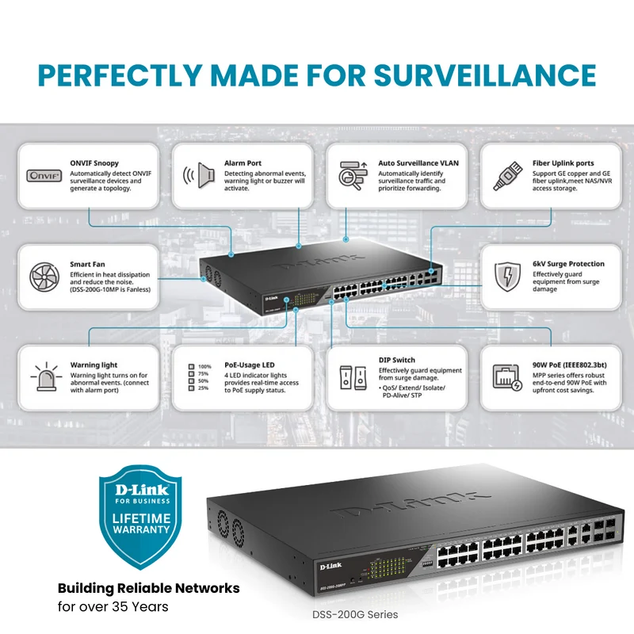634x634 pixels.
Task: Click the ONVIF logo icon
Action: click(x=44, y=176)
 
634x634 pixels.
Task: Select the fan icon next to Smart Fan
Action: click(x=44, y=277)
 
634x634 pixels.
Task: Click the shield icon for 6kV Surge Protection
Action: click(x=507, y=277)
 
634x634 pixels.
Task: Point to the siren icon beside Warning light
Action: click(x=47, y=377)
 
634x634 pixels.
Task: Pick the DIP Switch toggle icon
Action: click(x=353, y=378)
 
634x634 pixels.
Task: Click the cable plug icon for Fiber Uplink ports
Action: click(x=507, y=176)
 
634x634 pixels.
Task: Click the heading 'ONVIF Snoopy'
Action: click(x=94, y=163)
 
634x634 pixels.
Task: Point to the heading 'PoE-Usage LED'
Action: click(x=250, y=365)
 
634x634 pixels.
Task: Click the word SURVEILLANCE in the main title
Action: click(x=485, y=75)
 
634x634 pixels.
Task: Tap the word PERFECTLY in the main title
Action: click(x=120, y=75)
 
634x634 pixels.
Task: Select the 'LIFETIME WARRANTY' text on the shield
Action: click(x=141, y=524)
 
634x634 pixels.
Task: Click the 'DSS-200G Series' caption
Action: click(x=355, y=615)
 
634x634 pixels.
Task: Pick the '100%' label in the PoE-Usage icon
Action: click(x=204, y=367)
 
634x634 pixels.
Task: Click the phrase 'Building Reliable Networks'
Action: click(x=149, y=588)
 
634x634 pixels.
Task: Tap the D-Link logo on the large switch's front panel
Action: click(x=330, y=566)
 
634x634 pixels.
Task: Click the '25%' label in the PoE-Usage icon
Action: click(x=204, y=388)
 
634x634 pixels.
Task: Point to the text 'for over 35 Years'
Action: click(x=113, y=606)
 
